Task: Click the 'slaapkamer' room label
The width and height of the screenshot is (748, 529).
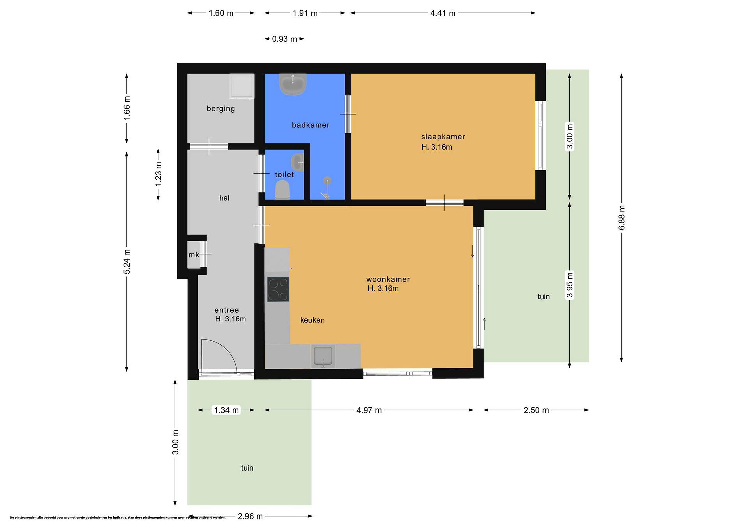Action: [443, 137]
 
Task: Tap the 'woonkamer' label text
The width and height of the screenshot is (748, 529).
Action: [388, 279]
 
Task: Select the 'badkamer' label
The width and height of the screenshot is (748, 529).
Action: [310, 125]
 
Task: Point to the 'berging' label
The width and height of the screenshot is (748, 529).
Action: [221, 109]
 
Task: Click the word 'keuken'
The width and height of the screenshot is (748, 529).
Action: [312, 320]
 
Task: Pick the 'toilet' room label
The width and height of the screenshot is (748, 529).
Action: [284, 175]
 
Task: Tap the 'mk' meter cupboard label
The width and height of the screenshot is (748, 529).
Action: [193, 255]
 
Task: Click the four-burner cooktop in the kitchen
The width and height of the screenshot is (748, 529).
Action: [278, 289]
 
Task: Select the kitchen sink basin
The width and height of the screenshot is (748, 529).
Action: [323, 356]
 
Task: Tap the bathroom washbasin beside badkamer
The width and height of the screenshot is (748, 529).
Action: [293, 84]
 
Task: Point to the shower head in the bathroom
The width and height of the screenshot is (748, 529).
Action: [327, 180]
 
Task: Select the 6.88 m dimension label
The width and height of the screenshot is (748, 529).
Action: [621, 217]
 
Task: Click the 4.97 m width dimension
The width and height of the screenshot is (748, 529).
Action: [369, 410]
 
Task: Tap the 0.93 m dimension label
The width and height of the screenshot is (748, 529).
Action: [284, 39]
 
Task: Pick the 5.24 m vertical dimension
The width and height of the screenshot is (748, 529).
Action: [127, 262]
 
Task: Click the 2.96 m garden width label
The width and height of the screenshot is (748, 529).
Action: [250, 516]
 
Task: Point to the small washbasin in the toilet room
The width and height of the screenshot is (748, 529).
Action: [297, 162]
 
